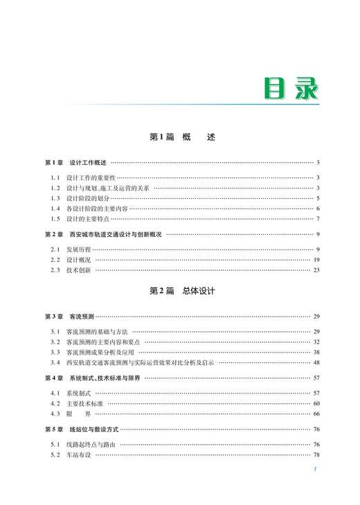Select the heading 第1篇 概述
183,138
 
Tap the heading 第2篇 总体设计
183,291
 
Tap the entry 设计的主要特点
88,220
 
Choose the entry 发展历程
78,249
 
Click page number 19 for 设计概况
316,260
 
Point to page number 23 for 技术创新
316,270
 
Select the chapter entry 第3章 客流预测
70,317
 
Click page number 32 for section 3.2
316,342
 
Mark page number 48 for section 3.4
316,362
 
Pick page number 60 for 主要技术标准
316,403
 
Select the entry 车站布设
78,454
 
